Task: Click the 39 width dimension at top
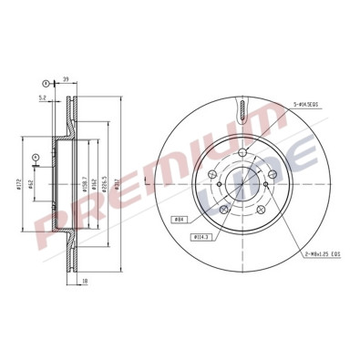67,80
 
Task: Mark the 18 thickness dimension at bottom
83,281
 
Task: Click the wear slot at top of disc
241,111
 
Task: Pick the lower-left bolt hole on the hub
221,208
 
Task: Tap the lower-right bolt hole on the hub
259,208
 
